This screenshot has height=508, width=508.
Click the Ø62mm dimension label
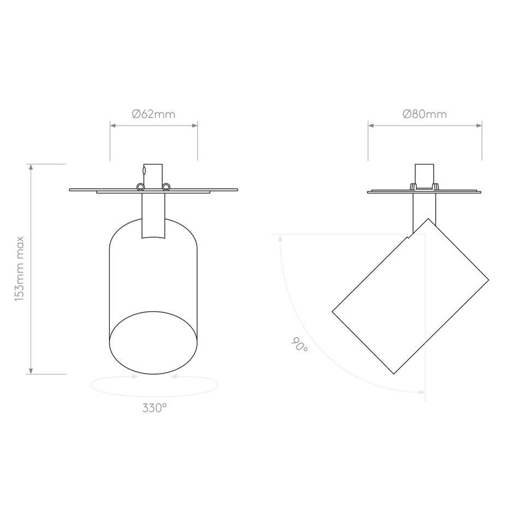pos(153,114)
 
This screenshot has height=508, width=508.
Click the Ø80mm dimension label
pos(424,114)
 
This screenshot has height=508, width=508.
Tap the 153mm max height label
pos(20,268)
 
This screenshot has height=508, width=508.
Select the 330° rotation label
pos(155,407)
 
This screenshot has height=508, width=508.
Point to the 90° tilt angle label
pos(299,345)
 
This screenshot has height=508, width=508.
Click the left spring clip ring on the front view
pos(141,187)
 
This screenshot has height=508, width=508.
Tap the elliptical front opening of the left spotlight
pos(153,343)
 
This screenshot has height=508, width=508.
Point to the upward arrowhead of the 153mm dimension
pos(31,167)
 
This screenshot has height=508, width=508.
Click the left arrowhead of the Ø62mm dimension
pos(113,126)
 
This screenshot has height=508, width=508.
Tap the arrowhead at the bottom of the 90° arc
pos(421,392)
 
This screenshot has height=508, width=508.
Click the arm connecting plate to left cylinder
pos(153,216)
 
